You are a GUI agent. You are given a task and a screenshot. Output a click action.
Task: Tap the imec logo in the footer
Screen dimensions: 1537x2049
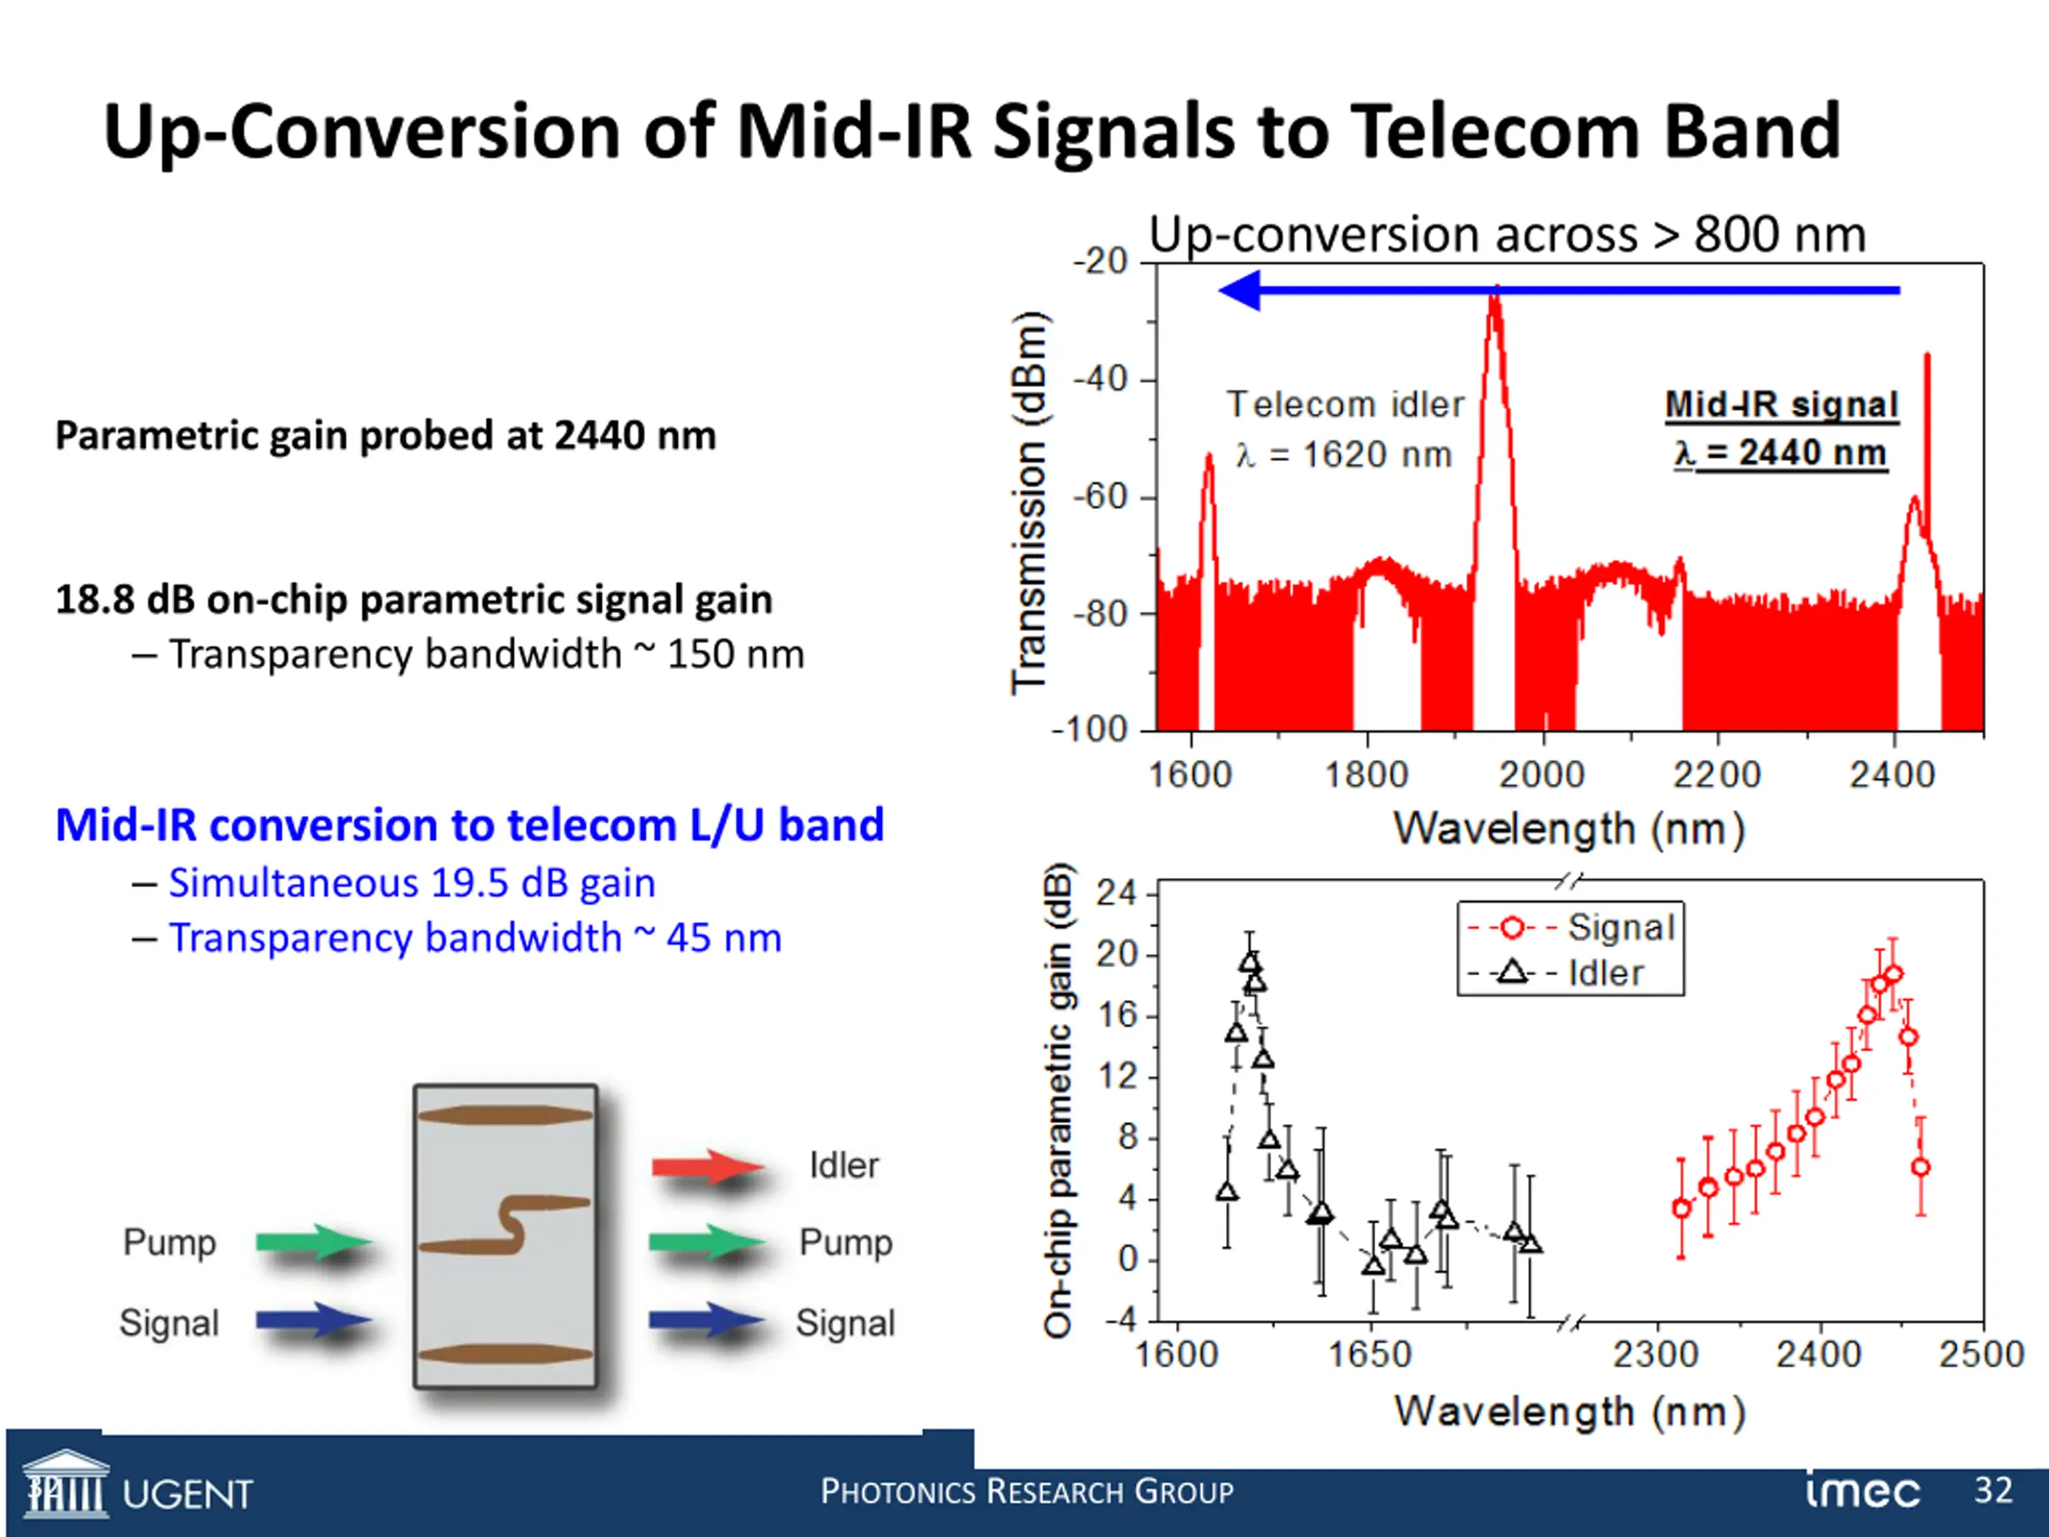1862,1491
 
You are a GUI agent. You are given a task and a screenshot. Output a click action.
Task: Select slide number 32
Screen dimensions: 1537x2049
1994,1490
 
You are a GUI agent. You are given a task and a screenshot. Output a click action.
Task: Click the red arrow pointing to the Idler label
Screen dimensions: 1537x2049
708,1166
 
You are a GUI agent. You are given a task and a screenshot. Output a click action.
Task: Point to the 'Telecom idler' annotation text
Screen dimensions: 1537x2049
1345,405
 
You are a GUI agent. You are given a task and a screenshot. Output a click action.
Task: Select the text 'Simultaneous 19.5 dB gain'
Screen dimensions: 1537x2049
411,883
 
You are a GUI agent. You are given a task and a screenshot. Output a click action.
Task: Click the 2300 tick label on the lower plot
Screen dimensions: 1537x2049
1655,1354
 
